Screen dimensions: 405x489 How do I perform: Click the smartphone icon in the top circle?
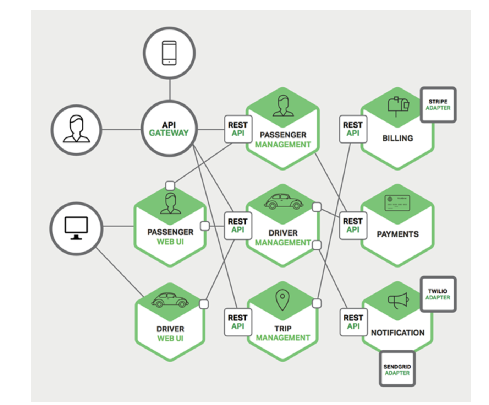click(x=169, y=53)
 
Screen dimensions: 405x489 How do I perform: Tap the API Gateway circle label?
click(x=169, y=129)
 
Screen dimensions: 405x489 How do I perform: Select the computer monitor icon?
click(x=76, y=228)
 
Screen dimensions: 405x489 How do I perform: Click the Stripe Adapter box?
click(x=438, y=105)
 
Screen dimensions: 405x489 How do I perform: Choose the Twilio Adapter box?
click(x=438, y=294)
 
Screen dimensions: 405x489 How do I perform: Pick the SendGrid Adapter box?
click(x=397, y=369)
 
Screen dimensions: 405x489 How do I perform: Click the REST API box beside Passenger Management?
click(x=238, y=129)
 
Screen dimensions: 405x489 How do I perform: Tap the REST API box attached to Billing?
click(x=353, y=129)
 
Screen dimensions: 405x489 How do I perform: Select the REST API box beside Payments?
click(x=353, y=226)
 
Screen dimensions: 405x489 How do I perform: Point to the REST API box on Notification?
click(x=353, y=322)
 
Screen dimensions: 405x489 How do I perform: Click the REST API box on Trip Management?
click(x=238, y=322)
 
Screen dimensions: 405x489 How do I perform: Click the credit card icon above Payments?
click(x=397, y=203)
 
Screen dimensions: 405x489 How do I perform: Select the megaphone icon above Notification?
click(x=398, y=301)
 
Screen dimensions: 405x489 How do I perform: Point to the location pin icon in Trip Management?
click(x=282, y=299)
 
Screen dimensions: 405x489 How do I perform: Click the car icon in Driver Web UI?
click(x=170, y=300)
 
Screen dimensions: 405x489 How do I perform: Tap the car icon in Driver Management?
click(x=283, y=201)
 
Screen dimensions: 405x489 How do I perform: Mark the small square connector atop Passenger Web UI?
click(x=170, y=185)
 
